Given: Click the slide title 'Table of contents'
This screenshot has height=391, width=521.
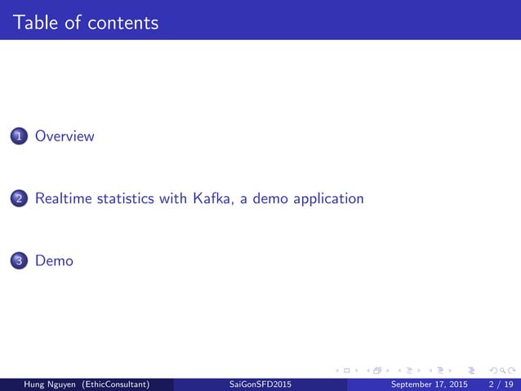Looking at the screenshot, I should tap(86, 22).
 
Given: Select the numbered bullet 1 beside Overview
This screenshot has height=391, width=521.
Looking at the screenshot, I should tap(19, 137).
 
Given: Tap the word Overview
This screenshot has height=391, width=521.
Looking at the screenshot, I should tap(65, 136).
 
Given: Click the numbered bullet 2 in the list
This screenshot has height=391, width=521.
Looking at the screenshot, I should tap(19, 199).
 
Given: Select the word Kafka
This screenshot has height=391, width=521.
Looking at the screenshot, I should tap(214, 198).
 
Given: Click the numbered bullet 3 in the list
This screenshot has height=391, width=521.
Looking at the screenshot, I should tap(19, 262).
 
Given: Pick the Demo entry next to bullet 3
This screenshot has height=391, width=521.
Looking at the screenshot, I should tap(54, 261).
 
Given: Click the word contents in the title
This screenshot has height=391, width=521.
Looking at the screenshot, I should tap(123, 22).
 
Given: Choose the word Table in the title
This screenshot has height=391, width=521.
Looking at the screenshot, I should tap(33, 22).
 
